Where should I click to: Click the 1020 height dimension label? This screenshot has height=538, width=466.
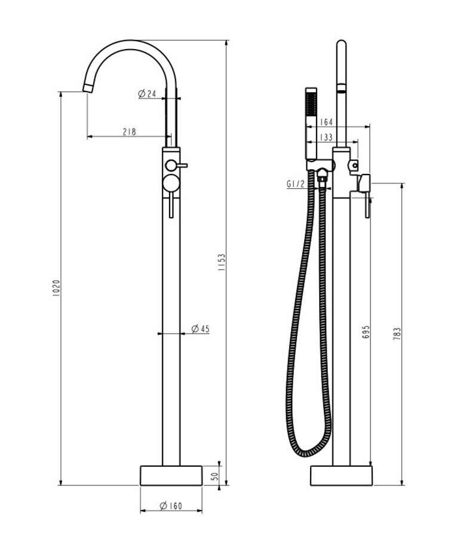click(57, 288)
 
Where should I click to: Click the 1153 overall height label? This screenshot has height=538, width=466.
click(222, 262)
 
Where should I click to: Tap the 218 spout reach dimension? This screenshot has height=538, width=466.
click(129, 132)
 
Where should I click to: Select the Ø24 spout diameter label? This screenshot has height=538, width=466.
click(147, 93)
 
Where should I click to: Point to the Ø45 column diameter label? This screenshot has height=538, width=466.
click(200, 329)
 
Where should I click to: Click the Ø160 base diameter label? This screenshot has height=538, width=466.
click(171, 506)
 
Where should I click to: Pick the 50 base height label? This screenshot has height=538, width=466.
click(215, 476)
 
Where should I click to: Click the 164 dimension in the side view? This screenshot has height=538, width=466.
click(326, 122)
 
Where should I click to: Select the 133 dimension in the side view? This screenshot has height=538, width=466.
click(326, 137)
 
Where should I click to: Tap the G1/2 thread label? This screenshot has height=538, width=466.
click(296, 184)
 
